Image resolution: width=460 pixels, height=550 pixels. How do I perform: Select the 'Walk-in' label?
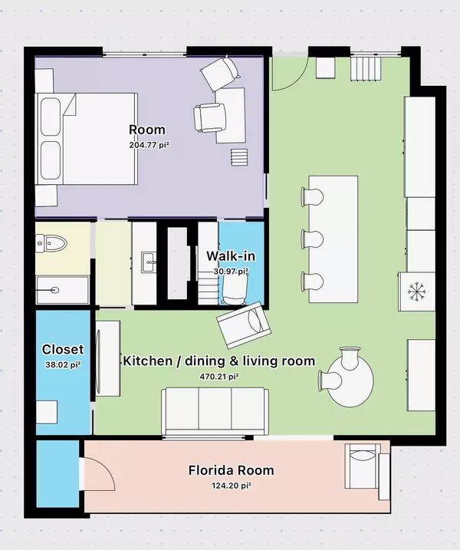click(225, 256)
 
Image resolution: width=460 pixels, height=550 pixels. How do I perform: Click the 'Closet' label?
click(63, 350)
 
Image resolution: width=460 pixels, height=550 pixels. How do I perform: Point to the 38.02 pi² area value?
click(63, 364)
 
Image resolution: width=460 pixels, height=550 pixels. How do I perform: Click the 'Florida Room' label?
click(231, 470)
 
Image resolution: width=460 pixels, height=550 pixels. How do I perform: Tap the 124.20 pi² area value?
click(231, 485)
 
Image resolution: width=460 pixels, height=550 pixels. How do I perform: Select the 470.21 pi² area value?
click(219, 376)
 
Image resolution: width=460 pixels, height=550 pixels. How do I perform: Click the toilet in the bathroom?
click(51, 244)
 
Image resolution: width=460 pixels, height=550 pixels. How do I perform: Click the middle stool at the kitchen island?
click(313, 237)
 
